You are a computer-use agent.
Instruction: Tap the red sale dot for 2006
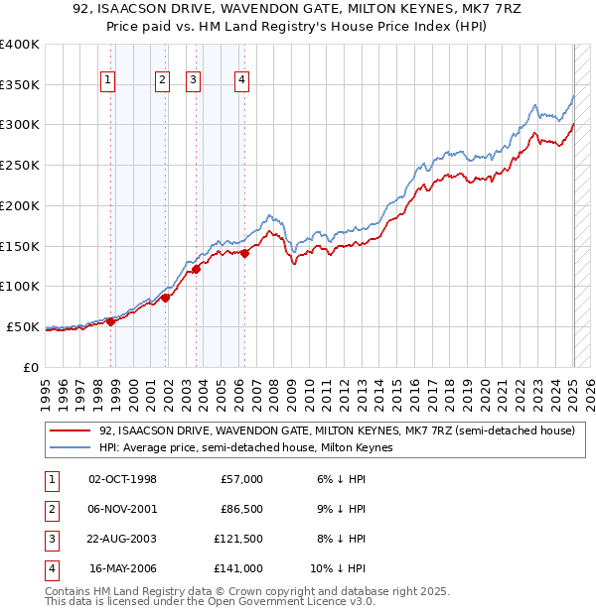[x=244, y=253]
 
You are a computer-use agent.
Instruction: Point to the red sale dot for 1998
[x=111, y=321]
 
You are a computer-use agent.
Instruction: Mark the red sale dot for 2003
[x=197, y=269]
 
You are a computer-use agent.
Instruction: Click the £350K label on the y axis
[x=20, y=85]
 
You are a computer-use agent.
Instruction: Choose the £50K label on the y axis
[x=24, y=326]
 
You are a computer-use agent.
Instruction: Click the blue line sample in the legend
[x=70, y=448]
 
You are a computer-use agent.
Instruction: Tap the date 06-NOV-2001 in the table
[x=122, y=510]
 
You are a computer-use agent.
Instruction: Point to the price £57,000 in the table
[x=241, y=479]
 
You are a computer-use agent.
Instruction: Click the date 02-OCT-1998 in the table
[x=122, y=479]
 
